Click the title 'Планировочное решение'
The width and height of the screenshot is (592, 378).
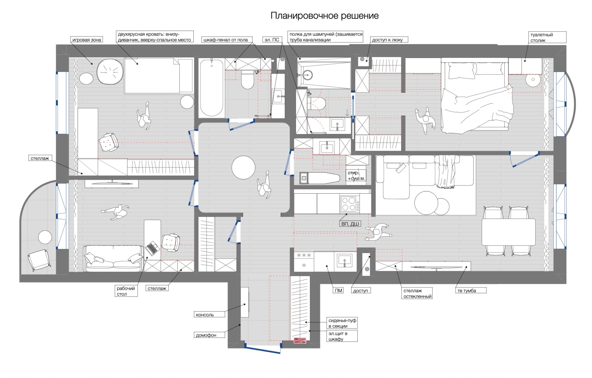coord(324,16)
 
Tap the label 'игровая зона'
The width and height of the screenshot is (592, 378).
coord(87,40)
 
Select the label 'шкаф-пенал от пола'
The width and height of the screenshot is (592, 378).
coord(225,40)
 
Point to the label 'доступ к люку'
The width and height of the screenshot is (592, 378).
coord(387,40)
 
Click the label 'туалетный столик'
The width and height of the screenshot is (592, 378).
coord(541,38)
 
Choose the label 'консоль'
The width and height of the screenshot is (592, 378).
coord(205,315)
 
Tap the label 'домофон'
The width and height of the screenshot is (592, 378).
coord(206,335)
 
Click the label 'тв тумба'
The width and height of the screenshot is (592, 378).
coord(467,291)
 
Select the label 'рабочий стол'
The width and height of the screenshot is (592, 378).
coord(126,291)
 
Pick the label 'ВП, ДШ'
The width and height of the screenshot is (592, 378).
coord(350,224)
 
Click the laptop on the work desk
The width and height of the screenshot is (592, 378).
coord(152,248)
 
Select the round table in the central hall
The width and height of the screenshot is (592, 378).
coord(243,168)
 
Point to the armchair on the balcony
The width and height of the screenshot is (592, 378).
coord(39,260)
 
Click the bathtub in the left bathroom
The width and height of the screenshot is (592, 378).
coord(212,87)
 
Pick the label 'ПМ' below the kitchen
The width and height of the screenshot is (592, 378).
coord(338,291)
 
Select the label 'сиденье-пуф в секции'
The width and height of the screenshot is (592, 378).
coord(342,323)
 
